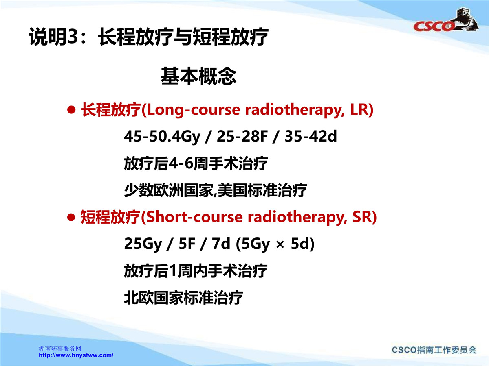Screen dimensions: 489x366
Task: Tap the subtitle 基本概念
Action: pyautogui.click(x=198, y=76)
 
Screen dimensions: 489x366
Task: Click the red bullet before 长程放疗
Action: pyautogui.click(x=71, y=110)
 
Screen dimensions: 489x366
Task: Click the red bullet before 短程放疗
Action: pyautogui.click(x=71, y=217)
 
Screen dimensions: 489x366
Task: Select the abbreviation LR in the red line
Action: pyautogui.click(x=359, y=109)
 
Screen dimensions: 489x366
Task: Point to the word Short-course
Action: pyautogui.click(x=194, y=217)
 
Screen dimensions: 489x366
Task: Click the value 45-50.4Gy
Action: pyautogui.click(x=162, y=137)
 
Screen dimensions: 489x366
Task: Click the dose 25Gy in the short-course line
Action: pyautogui.click(x=143, y=244)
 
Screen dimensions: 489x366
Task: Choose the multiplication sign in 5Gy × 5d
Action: pyautogui.click(x=280, y=245)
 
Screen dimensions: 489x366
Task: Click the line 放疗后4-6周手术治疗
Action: pyautogui.click(x=196, y=163)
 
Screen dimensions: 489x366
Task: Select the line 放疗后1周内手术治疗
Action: pyautogui.click(x=196, y=271)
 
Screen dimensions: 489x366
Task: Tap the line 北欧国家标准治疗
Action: pyautogui.click(x=183, y=298)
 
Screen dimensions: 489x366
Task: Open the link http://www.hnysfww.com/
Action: pyautogui.click(x=76, y=355)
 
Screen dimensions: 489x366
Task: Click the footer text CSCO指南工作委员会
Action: pyautogui.click(x=434, y=350)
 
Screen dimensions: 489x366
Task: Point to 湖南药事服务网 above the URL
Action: pyautogui.click(x=60, y=349)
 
